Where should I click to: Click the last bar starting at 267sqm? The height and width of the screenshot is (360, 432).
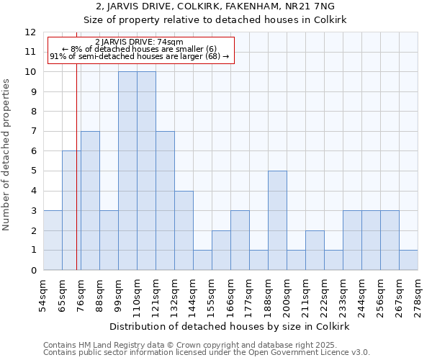click(408, 260)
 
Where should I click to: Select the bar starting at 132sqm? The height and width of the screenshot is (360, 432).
click(184, 230)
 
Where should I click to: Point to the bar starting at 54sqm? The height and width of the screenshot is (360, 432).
click(53, 240)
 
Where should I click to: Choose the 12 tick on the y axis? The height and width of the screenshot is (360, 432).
click(30, 32)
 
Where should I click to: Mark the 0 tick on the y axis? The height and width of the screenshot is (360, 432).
click(33, 271)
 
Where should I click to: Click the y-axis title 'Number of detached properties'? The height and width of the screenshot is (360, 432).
click(6, 155)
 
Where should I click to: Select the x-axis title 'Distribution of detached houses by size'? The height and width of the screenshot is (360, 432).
click(230, 326)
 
